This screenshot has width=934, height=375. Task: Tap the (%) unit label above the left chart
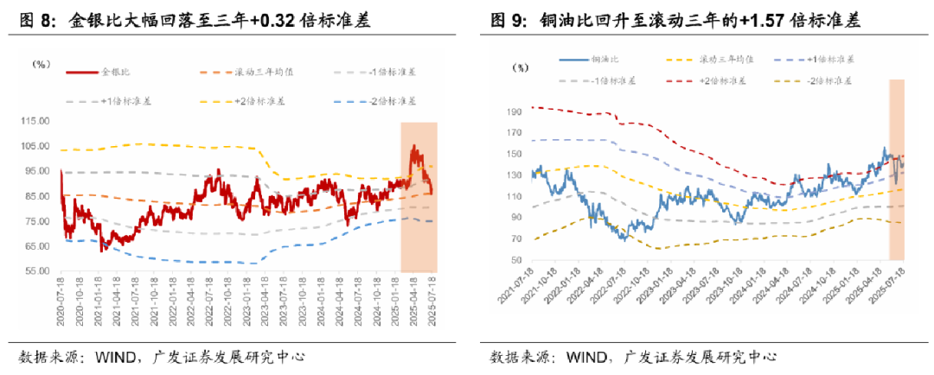click(x=42, y=64)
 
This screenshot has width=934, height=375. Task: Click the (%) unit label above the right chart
click(x=520, y=68)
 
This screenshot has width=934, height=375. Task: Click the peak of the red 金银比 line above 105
click(x=413, y=146)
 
